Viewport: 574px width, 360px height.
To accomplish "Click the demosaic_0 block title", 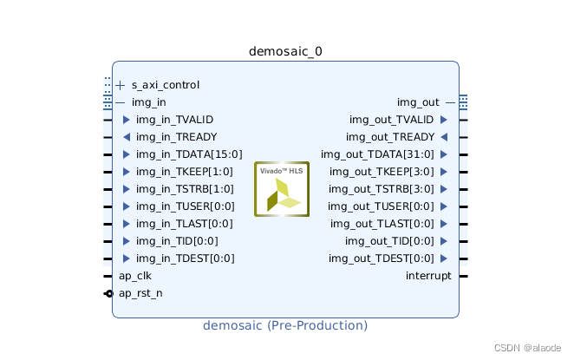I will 285,51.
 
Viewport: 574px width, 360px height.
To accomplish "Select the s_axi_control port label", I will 165,85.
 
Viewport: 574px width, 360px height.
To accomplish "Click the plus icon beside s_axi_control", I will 121,85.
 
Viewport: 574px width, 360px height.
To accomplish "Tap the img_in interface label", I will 148,102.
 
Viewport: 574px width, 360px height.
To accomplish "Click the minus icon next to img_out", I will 450,102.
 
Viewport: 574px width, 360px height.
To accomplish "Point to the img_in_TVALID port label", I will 174,120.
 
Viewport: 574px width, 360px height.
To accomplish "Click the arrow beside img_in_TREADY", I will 127,137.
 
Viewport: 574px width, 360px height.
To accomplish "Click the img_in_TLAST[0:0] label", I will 179,224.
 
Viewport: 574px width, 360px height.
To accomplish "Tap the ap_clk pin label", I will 135,276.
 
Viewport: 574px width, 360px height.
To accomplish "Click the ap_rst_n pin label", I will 140,293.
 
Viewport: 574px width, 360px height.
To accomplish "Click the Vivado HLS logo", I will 282,189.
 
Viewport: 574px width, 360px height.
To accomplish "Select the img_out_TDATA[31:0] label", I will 378,154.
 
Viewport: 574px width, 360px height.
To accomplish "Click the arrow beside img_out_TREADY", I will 444,137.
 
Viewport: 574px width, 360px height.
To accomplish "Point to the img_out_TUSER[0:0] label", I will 381,206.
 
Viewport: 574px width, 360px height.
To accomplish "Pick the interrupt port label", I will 428,276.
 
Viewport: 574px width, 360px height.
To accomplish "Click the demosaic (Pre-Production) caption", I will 285,325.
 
